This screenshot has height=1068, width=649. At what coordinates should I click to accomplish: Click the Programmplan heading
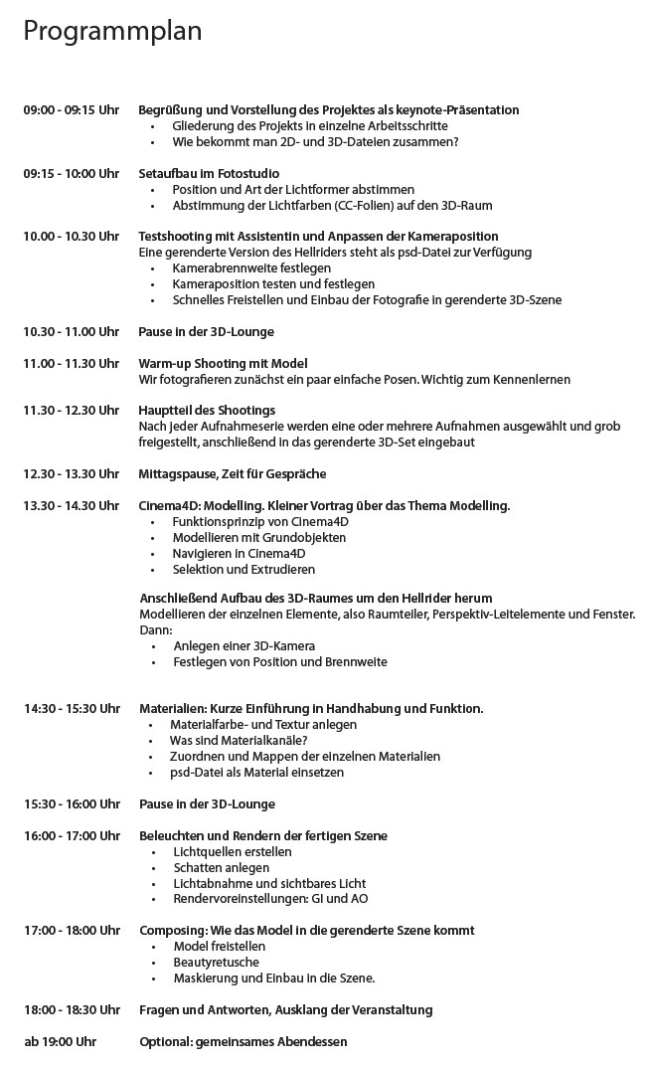coord(112,32)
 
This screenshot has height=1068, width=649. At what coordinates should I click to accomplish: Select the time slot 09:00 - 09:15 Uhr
coord(72,110)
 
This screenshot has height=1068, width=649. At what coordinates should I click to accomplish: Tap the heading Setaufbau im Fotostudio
coord(209,174)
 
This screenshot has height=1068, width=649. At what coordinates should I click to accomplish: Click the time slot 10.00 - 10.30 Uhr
coord(72,237)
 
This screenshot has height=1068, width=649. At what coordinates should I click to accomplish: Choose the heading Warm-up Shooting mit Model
coord(223,364)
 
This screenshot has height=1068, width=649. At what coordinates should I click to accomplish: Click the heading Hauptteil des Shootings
coord(207,411)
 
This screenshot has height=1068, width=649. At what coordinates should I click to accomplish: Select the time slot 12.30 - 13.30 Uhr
coord(72,474)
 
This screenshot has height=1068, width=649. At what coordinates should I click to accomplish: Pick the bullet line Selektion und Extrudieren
coord(243,570)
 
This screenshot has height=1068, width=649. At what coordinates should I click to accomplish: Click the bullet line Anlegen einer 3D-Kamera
coord(243,646)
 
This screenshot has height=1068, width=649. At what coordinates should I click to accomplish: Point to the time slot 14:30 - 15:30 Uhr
coord(72,709)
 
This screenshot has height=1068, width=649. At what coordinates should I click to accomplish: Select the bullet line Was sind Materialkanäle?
coord(239,741)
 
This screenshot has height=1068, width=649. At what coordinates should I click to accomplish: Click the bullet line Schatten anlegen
coord(221,868)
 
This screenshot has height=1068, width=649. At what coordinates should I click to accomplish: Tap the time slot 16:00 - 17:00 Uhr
coord(72,836)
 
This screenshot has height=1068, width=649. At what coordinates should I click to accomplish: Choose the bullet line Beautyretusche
coord(216,963)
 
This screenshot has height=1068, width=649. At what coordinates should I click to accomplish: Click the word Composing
coord(172,931)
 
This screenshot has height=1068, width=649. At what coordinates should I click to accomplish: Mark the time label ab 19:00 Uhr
coord(60,1042)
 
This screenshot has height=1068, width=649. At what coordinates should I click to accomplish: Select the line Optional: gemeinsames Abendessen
coord(243,1042)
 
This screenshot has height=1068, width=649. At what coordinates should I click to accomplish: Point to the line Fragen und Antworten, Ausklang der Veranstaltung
coord(285,1010)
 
